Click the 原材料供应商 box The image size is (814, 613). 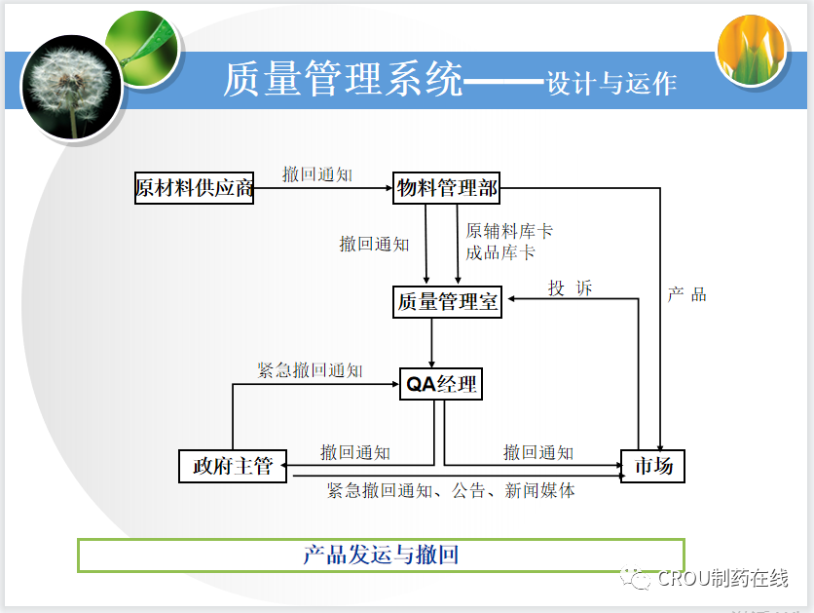tap(195, 188)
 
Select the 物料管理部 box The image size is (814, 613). tap(447, 188)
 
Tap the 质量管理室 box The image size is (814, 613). tap(448, 302)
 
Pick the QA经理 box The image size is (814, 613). tap(442, 384)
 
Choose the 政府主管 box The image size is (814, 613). tap(233, 466)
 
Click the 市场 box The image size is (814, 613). tap(653, 466)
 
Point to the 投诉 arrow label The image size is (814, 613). tap(571, 288)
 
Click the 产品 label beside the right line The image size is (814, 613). tap(687, 294)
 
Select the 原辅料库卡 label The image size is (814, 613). tap(509, 232)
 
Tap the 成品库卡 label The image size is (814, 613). tap(500, 253)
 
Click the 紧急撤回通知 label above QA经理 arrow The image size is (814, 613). tap(310, 371)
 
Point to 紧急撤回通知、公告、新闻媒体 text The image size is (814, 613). tap(451, 491)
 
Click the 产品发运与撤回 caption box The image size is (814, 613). tap(381, 556)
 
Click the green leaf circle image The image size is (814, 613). tap(146, 46)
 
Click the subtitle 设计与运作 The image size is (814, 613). tap(611, 83)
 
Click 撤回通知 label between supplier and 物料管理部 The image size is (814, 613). tap(317, 174)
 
